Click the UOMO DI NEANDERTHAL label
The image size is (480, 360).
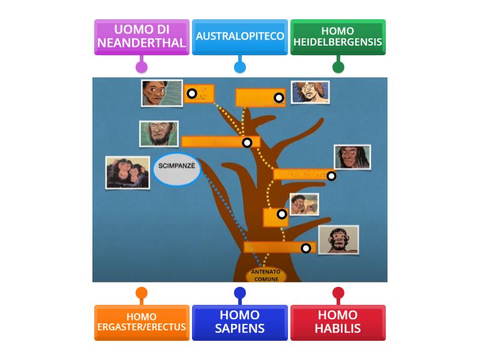pyautogui.click(x=142, y=37)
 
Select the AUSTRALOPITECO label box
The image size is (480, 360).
pyautogui.click(x=240, y=37)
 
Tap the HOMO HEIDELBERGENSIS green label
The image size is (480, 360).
pyautogui.click(x=338, y=37)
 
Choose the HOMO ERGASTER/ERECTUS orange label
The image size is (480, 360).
pyautogui.click(x=142, y=322)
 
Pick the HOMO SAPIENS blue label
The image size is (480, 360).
pyautogui.click(x=240, y=322)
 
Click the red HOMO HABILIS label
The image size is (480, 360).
pyautogui.click(x=338, y=322)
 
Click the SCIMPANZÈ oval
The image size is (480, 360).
pyautogui.click(x=176, y=170)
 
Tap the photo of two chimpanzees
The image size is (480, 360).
pyautogui.click(x=127, y=173)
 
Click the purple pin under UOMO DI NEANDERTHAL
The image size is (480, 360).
pyautogui.click(x=142, y=67)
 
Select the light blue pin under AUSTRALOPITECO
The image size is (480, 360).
pyautogui.click(x=240, y=67)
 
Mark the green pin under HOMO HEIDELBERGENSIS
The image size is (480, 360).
pyautogui.click(x=338, y=67)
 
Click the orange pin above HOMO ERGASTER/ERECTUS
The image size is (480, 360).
pyautogui.click(x=142, y=293)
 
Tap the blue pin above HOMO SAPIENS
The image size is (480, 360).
pyautogui.click(x=240, y=293)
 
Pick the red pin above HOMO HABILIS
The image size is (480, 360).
pyautogui.click(x=338, y=293)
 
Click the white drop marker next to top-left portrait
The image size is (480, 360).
pyautogui.click(x=191, y=94)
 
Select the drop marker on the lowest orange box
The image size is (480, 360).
pyautogui.click(x=306, y=248)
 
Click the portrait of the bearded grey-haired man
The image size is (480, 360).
pyautogui.click(x=159, y=134)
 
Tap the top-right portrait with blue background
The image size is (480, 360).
pyautogui.click(x=310, y=92)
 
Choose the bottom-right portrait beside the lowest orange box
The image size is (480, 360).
pyautogui.click(x=338, y=240)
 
